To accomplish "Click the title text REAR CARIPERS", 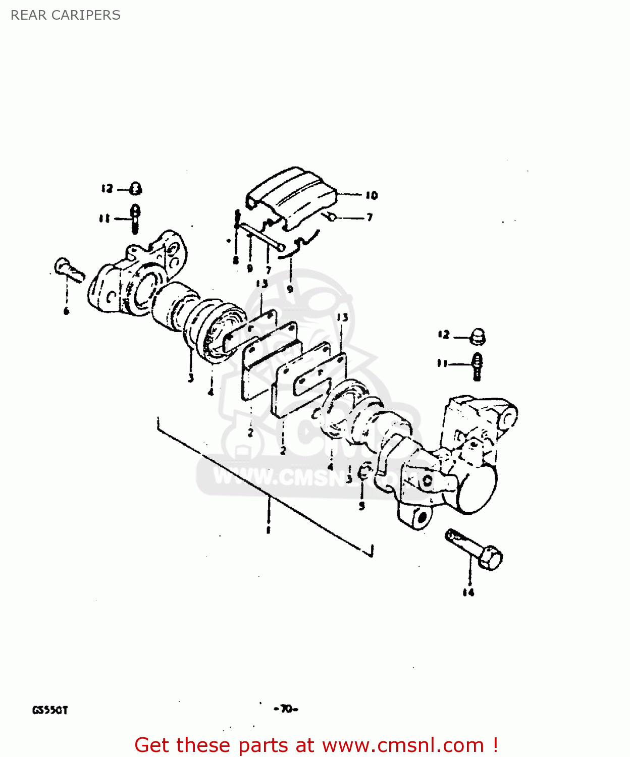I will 66,15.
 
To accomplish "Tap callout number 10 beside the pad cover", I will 372,195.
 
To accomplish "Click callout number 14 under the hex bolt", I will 468,592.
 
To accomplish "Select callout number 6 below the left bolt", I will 66,311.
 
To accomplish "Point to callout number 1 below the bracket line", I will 269,530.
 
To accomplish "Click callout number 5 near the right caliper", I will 361,505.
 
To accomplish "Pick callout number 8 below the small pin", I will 235,260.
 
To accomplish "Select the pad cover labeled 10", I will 291,198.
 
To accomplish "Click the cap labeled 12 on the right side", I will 477,336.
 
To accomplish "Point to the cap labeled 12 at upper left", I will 135,189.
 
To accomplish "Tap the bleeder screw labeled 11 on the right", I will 477,366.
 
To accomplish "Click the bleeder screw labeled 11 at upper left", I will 135,218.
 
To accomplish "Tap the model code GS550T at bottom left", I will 50,710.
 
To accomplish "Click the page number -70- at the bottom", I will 286,709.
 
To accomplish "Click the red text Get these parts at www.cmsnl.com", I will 317,745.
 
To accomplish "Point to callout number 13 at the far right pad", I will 342,317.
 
